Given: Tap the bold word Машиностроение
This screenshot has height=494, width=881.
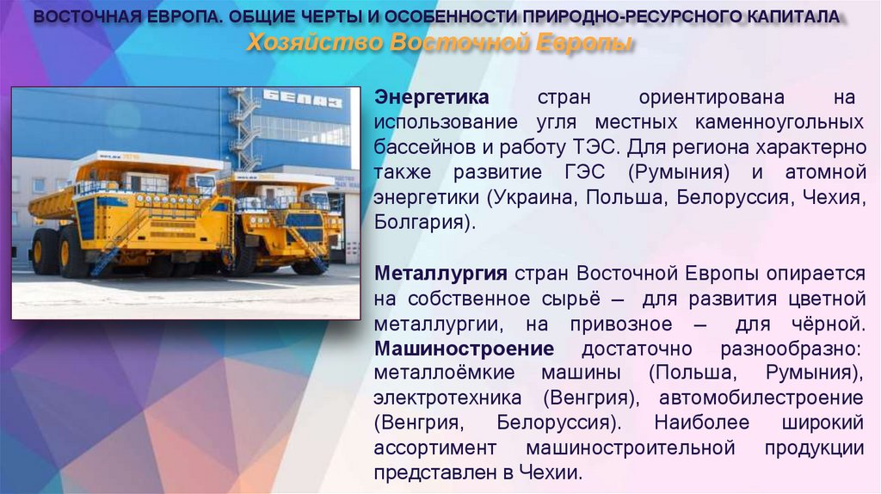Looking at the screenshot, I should tap(464, 349).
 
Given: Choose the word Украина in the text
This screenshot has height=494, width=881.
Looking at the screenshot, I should tap(533, 196).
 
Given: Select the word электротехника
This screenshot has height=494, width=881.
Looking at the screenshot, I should tap(447, 398).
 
